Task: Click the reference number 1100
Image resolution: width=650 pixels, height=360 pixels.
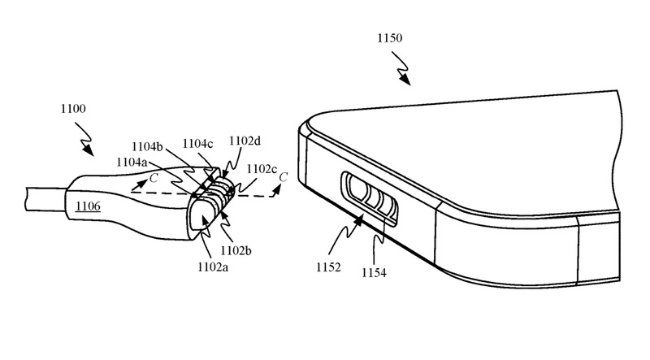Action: (73, 108)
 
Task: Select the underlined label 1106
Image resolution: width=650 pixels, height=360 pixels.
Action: (89, 207)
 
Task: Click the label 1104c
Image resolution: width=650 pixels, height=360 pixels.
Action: (197, 144)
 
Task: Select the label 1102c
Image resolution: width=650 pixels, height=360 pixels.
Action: (262, 169)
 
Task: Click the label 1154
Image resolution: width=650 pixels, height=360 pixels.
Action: (373, 273)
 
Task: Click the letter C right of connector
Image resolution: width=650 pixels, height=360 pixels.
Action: (282, 176)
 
